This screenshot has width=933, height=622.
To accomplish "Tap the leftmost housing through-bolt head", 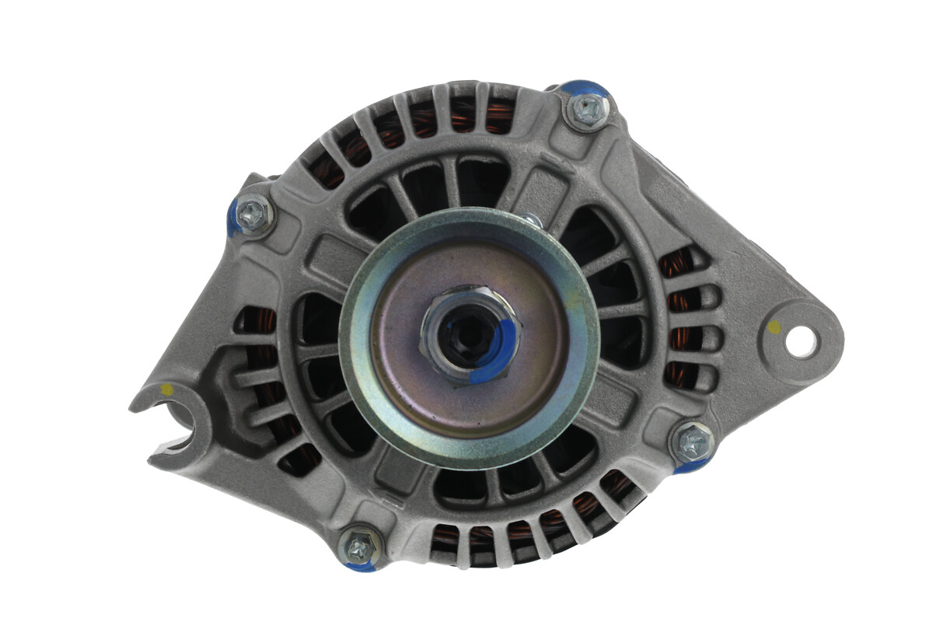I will point(253,214).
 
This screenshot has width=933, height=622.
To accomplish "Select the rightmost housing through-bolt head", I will point(692,443).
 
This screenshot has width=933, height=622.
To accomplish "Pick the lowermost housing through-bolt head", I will point(359,547).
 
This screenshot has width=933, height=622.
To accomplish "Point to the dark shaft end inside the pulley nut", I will point(465,334).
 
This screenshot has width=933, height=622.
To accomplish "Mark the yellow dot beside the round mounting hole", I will point(774,328).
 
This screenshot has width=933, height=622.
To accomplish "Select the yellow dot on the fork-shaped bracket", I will point(166,389).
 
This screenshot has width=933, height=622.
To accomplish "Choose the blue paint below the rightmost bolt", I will point(687,467).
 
